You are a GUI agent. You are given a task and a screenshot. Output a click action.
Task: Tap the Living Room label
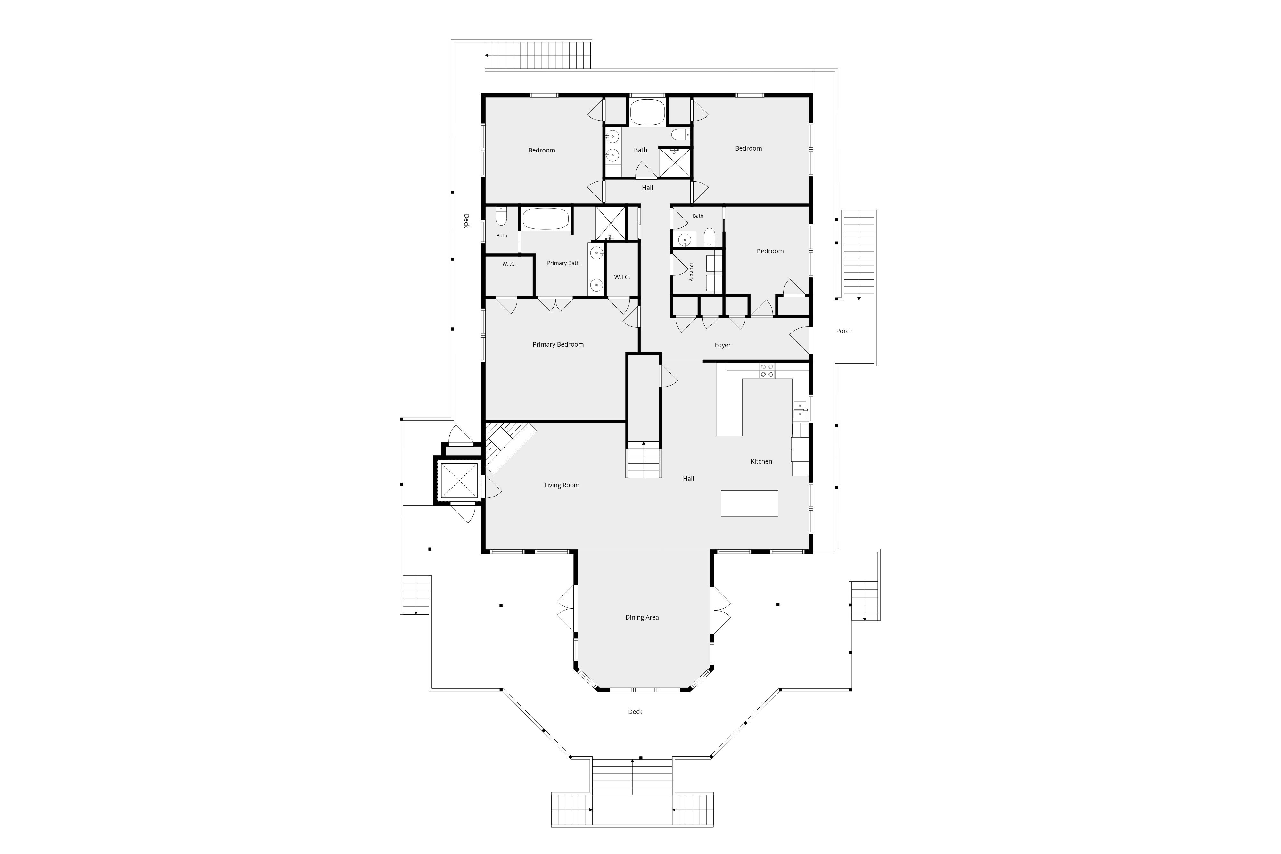[x=562, y=485]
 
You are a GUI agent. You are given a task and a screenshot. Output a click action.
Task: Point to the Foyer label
[x=722, y=345]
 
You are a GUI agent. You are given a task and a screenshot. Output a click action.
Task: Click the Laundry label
[x=691, y=272]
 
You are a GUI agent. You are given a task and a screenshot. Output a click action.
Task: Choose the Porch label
[x=844, y=331]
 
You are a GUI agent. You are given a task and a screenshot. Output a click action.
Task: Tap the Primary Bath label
[x=563, y=263]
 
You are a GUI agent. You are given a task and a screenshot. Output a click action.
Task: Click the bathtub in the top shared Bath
[x=648, y=112]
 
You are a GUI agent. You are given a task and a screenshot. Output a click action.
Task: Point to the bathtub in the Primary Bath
[x=546, y=219]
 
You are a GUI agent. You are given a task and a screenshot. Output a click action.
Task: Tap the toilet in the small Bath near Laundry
[x=709, y=237]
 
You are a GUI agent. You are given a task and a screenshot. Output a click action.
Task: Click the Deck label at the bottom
[x=635, y=712]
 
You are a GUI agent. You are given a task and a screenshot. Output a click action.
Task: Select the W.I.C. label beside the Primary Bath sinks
[x=622, y=277]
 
